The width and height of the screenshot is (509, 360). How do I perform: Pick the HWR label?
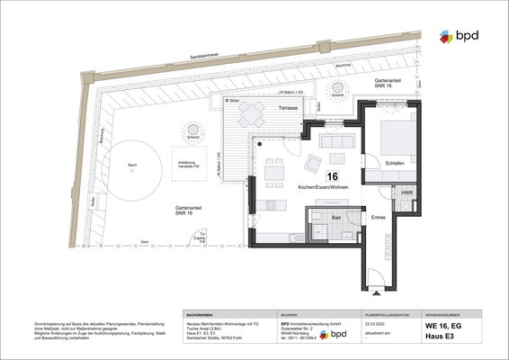click(x=406, y=192)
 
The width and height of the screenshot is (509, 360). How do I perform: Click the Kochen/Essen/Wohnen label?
click(x=323, y=186)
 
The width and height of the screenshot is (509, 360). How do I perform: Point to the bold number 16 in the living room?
click(x=333, y=176)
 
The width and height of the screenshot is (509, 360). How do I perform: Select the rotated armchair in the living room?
click(x=313, y=163)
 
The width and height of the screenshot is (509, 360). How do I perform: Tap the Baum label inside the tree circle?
click(x=131, y=166)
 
